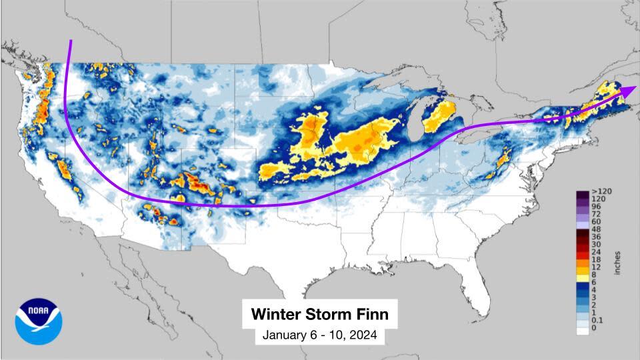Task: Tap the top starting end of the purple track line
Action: [70, 41]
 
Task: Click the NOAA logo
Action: [39, 321]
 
